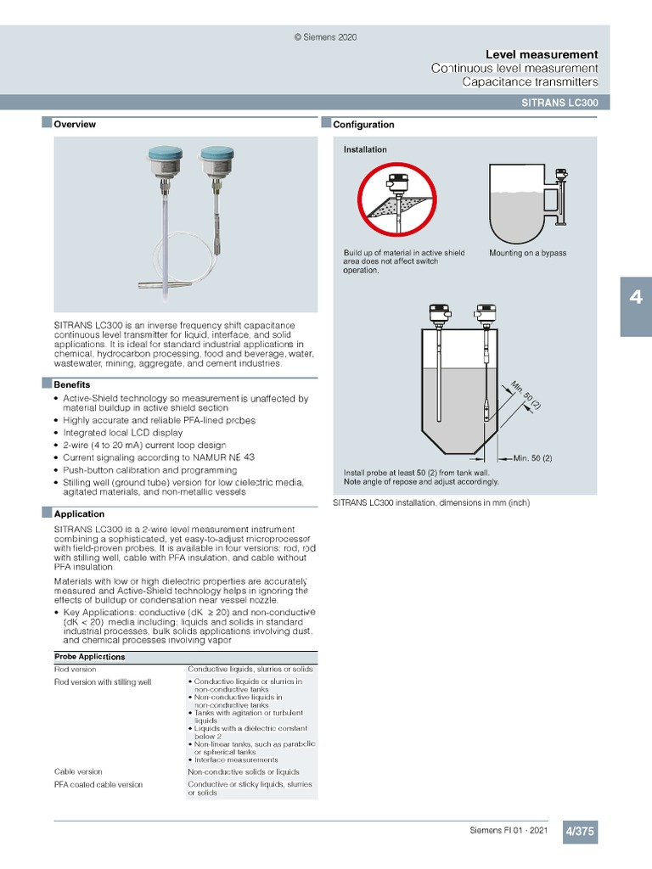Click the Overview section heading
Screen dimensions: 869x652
[75, 124]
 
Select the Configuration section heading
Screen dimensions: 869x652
[363, 125]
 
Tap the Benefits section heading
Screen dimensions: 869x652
[72, 384]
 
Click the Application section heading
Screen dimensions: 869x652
[79, 513]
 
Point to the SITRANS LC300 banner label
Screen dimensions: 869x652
[559, 102]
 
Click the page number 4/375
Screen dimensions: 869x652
[580, 832]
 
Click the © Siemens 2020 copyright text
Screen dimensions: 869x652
[325, 37]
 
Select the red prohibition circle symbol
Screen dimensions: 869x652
[396, 202]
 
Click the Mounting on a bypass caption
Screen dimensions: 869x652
[527, 253]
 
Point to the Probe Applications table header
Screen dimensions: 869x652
[90, 657]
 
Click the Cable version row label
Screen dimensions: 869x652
[78, 772]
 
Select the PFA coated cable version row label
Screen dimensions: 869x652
[98, 785]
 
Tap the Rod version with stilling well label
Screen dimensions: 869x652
[103, 681]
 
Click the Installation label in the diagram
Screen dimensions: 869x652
[365, 149]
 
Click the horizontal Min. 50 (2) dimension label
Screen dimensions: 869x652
[532, 458]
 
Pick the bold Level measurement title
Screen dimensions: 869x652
[541, 54]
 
